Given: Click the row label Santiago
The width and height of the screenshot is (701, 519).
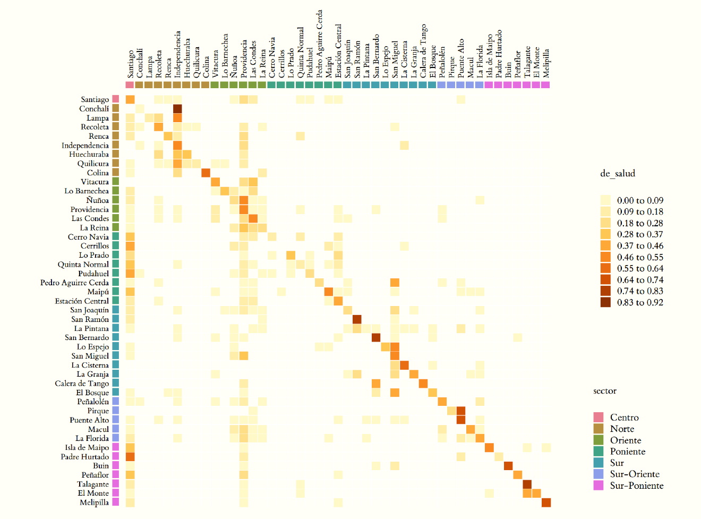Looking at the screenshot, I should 95,99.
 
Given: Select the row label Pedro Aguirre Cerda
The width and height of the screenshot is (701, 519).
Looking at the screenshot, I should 74,283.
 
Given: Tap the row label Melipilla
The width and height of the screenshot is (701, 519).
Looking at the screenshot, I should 94,503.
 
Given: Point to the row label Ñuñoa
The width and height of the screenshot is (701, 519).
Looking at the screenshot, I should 98,200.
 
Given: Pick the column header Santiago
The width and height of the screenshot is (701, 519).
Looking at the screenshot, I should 130,64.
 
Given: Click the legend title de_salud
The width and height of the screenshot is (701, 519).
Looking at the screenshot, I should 618,174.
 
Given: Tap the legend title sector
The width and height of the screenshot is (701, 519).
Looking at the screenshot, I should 605,391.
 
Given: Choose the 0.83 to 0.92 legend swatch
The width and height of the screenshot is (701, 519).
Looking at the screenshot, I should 605,302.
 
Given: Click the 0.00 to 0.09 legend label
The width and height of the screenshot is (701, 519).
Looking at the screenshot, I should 640,200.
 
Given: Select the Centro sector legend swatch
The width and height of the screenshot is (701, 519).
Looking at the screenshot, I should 599,418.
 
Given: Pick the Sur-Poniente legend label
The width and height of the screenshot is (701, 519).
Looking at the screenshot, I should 637,486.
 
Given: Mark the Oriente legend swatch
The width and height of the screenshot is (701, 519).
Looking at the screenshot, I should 599,440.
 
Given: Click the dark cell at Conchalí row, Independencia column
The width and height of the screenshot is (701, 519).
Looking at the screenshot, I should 177,109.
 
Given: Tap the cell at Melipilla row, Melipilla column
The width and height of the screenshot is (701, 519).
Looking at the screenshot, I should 546,503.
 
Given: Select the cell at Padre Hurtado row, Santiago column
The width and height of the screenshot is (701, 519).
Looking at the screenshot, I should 130,457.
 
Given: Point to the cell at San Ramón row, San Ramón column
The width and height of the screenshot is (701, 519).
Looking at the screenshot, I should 357,319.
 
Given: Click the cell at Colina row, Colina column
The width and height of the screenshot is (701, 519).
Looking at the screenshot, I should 206,173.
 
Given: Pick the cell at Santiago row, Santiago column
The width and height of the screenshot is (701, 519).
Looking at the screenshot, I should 130,99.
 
